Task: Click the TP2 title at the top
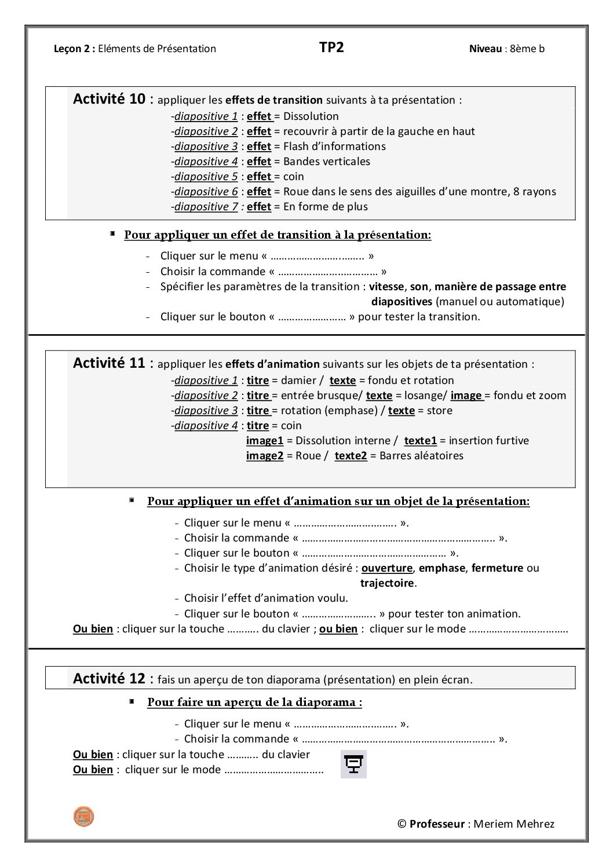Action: point(331,47)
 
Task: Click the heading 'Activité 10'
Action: point(109,99)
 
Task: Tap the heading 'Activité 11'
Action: point(109,363)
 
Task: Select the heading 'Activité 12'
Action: point(109,678)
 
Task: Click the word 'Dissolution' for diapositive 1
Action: point(311,116)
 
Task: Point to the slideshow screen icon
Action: point(353,764)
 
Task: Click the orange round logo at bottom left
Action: point(83,817)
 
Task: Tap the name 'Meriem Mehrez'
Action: point(514,824)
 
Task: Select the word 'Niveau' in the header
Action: point(486,49)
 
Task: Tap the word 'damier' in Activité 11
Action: point(299,381)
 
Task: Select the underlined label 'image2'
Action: point(265,455)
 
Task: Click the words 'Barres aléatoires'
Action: point(421,455)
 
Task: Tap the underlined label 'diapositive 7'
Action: point(206,206)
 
